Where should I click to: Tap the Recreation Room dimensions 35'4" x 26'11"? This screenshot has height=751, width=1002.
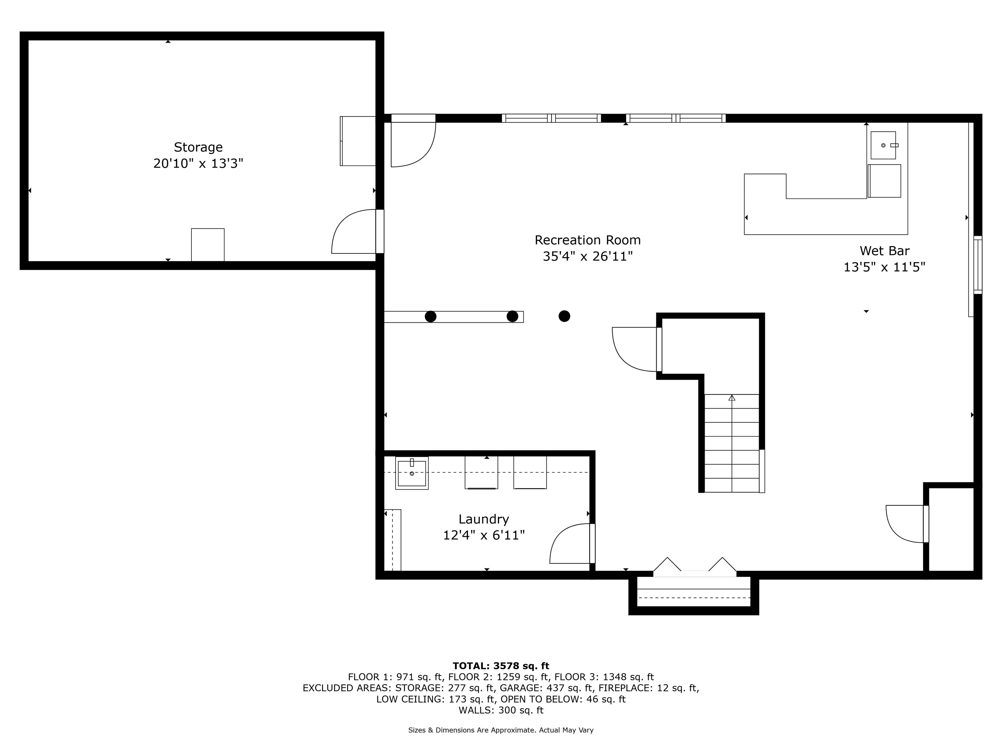pyautogui.click(x=587, y=257)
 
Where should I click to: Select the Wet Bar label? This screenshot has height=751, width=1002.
pyautogui.click(x=884, y=251)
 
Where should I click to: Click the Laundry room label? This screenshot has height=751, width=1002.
pyautogui.click(x=483, y=519)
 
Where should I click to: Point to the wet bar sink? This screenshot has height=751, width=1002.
pyautogui.click(x=883, y=145)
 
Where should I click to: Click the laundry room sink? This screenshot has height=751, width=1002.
pyautogui.click(x=411, y=473)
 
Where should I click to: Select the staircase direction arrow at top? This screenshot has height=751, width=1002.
pyautogui.click(x=732, y=398)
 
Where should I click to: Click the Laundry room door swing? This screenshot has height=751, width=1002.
pyautogui.click(x=570, y=545)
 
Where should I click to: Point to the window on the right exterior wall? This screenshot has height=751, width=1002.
pyautogui.click(x=978, y=265)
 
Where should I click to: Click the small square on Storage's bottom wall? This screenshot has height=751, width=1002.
pyautogui.click(x=207, y=244)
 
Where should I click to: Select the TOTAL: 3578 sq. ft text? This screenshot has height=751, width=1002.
pyautogui.click(x=501, y=666)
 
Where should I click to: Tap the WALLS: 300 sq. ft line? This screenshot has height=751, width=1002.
pyautogui.click(x=501, y=710)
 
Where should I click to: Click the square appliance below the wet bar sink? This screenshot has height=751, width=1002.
pyautogui.click(x=884, y=181)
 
